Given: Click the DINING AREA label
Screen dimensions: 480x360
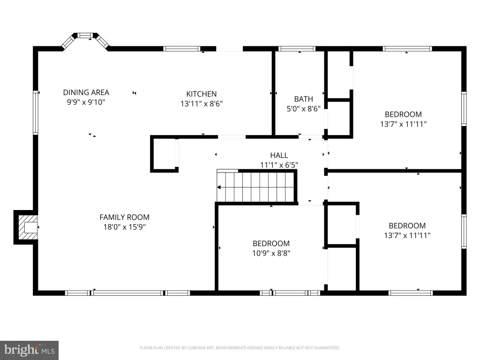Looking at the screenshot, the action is pos(86,92).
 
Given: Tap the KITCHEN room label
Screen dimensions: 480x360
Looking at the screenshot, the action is pos(202,94).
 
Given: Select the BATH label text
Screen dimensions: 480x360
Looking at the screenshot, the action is pos(303,99).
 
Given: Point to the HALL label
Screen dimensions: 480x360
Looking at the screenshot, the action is pos(279,155).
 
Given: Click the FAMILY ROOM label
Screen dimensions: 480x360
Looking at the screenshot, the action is pos(124,217).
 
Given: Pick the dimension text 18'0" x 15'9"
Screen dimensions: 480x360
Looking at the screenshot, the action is pos(124,227).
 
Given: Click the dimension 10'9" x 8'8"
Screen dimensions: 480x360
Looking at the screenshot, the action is pos(271,253).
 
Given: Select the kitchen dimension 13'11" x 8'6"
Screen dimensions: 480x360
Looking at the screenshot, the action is pos(202,104).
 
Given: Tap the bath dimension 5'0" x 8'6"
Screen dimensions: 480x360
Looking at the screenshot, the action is pos(303,109).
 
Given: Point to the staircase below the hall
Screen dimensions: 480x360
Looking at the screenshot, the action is pos(256,186).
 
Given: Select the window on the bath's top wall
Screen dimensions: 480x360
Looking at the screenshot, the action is pos(297,49).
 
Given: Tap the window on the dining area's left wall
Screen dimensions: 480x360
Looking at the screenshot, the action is pos(36,112).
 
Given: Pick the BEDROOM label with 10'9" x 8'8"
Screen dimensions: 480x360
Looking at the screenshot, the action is pos(271,244).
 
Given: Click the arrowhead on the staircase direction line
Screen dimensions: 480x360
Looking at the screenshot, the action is pos(219,187).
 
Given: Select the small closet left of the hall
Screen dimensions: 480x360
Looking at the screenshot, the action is pos(165,153).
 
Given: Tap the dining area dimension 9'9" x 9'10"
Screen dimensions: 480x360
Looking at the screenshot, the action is pos(86,102).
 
